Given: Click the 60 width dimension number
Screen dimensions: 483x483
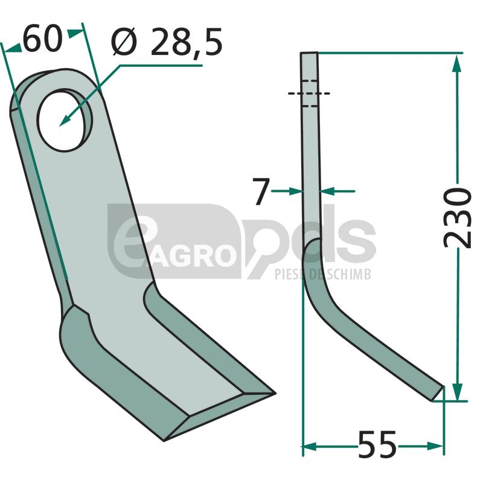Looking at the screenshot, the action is pos(42,40).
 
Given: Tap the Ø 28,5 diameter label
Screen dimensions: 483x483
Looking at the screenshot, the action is pos(167,42).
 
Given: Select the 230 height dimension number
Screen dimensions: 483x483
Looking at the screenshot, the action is pos(457,218).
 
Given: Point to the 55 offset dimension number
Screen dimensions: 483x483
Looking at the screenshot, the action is pos(377,446).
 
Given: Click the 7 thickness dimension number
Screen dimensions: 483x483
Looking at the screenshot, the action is pos(261,191).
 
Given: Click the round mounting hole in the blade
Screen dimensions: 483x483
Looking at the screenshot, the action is pos(65,120).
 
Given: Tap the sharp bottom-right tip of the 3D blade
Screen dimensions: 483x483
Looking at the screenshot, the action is pos(275,393).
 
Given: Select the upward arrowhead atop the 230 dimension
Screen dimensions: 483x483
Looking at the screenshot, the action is pos(457,64).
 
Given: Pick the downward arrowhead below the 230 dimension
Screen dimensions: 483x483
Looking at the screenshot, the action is pos(458,391).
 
